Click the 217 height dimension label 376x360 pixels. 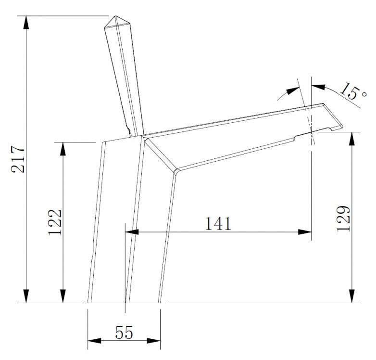tap(18, 159)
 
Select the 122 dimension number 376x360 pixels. tap(55, 222)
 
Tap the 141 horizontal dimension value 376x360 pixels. tap(218, 223)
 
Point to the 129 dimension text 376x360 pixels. tap(343, 219)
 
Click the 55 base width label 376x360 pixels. tap(124, 333)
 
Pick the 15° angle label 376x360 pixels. tap(352, 91)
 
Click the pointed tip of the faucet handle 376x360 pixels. tap(116, 16)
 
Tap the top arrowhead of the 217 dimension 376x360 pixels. tap(26, 23)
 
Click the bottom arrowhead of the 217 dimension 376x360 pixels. tap(26, 296)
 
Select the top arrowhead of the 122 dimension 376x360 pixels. tap(63, 149)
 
